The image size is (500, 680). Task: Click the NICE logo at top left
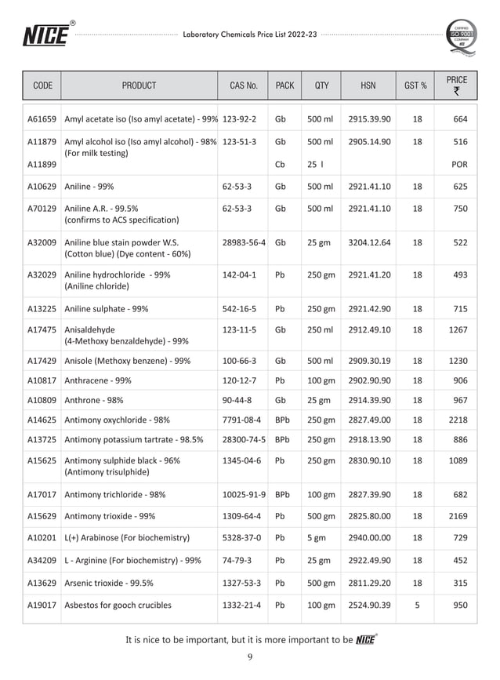pyautogui.click(x=45, y=35)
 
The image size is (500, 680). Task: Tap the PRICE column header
pyautogui.click(x=456, y=85)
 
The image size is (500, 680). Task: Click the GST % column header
pyautogui.click(x=415, y=85)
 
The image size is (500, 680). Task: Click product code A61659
pyautogui.click(x=42, y=119)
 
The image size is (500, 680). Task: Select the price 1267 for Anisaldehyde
pyautogui.click(x=458, y=330)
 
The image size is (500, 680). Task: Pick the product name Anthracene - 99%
pyautogui.click(x=98, y=380)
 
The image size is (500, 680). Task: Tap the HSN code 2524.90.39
pyautogui.click(x=370, y=605)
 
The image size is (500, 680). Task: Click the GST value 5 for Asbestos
pyautogui.click(x=417, y=605)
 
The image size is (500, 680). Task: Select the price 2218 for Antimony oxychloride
pyautogui.click(x=458, y=420)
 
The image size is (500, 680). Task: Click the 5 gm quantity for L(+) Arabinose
pyautogui.click(x=317, y=537)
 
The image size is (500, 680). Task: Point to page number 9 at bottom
pyautogui.click(x=249, y=657)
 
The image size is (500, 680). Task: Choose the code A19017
pyautogui.click(x=42, y=605)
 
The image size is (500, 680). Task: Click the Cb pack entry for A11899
pyautogui.click(x=281, y=165)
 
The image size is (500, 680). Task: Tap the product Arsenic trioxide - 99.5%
pyautogui.click(x=109, y=583)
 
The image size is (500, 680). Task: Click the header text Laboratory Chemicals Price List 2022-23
pyautogui.click(x=250, y=35)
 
